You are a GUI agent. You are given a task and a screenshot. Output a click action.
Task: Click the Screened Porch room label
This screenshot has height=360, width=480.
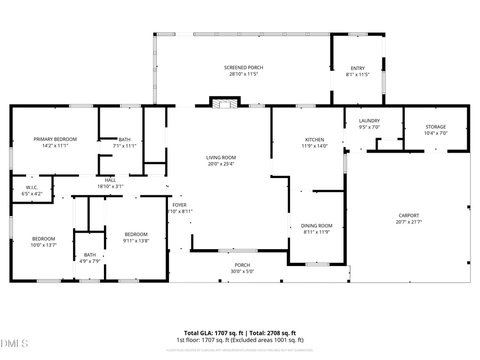click(243, 68)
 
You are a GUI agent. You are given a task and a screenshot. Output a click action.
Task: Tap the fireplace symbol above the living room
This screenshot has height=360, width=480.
click(225, 104)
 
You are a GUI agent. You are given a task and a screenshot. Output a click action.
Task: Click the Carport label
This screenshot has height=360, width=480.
click(407, 215)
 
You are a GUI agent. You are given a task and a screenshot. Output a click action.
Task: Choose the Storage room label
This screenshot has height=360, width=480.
click(435, 127)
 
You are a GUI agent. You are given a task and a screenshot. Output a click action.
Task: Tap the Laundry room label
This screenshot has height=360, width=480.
click(369, 121)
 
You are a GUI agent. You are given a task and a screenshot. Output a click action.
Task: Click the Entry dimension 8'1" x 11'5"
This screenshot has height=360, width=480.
click(357, 75)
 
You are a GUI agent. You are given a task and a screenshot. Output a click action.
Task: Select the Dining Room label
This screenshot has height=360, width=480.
click(316, 226)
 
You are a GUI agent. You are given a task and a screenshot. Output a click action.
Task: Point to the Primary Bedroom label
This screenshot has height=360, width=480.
click(55, 139)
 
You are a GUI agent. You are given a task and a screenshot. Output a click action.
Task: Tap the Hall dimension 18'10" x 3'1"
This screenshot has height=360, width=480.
click(110, 187)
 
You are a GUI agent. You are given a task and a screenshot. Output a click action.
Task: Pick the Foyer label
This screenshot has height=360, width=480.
click(179, 205)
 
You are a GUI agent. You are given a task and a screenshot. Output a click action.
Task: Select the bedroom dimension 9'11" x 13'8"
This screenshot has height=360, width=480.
click(136, 241)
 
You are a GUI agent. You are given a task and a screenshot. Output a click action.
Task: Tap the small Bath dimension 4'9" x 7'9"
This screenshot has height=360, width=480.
click(90, 261)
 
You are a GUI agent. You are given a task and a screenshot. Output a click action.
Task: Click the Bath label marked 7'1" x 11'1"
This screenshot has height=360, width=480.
click(124, 146)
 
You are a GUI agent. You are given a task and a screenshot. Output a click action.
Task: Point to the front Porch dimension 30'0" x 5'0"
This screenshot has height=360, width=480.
click(242, 271)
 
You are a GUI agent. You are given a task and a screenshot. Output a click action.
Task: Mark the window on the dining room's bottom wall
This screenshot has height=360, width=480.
click(317, 263)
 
